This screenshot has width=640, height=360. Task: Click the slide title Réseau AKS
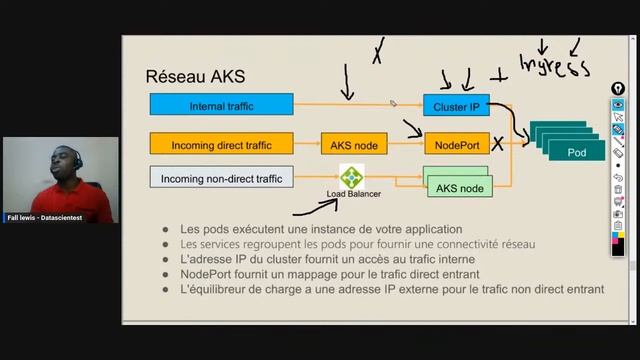[195, 76]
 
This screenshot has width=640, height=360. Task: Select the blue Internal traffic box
[221, 105]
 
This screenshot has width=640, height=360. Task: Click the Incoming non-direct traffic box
[221, 179]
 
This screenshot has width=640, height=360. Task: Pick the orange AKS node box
[354, 144]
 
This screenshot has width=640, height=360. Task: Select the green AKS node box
[460, 187]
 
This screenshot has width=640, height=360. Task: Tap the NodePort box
[458, 144]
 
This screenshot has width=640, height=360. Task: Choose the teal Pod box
[575, 152]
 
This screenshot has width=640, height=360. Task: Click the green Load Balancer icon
[352, 177]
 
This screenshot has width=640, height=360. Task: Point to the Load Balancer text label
[355, 193]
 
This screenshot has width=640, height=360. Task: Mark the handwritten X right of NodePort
[497, 145]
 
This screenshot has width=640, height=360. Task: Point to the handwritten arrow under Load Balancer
[318, 208]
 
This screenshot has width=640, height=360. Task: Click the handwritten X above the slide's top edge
[378, 52]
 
